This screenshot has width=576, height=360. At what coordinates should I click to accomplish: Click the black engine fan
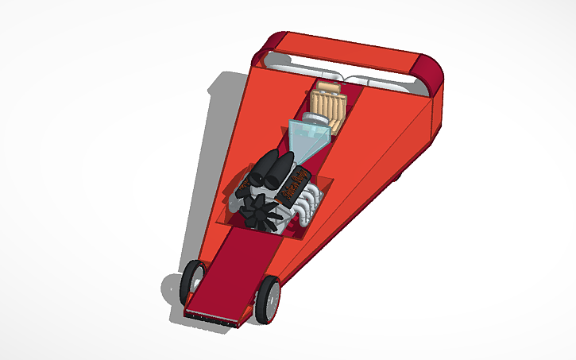click(x=258, y=212)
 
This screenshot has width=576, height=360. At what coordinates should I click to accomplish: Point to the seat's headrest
click(x=329, y=89)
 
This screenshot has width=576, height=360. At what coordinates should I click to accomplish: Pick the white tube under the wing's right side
click(x=381, y=80)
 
